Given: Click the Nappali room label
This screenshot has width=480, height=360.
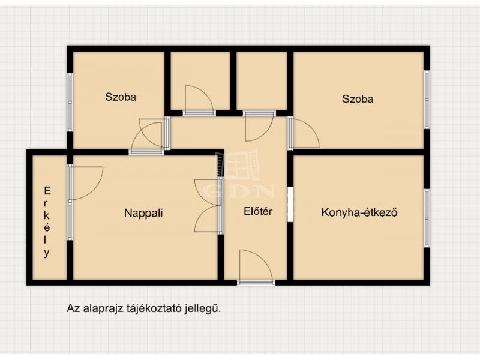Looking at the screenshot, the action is (143, 213).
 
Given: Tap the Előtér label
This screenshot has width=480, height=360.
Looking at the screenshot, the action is (258, 211).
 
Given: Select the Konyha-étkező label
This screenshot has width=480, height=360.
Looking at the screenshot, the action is (359, 212).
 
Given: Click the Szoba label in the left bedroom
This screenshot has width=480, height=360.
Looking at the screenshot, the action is (121, 97).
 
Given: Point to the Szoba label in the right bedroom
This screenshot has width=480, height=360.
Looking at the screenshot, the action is (358, 99).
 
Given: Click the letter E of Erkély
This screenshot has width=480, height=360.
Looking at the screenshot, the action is (47, 191).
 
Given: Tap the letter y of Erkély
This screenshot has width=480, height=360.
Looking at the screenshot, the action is (47, 253).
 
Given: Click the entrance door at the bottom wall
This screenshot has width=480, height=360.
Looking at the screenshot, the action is (256, 266).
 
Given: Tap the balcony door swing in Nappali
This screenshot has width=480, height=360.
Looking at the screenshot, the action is (86, 183).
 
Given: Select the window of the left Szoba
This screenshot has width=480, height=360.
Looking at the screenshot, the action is (70, 102).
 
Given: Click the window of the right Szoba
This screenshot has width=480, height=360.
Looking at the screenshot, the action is (427, 100).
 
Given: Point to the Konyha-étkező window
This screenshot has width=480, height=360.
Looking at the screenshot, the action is (427, 218).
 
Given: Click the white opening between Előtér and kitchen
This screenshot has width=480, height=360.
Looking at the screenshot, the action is (290, 205).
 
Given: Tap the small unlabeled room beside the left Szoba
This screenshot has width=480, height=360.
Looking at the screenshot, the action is (200, 80).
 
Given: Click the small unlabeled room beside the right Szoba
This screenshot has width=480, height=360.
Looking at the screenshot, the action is (262, 80).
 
